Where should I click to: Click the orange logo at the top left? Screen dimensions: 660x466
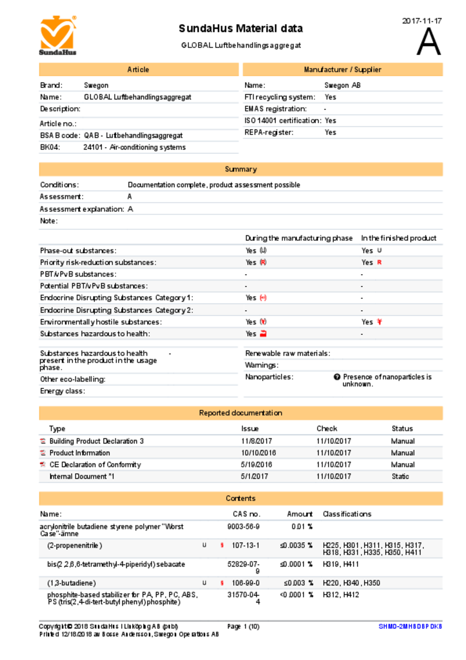click(x=58, y=34)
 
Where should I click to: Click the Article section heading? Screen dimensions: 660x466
click(x=138, y=70)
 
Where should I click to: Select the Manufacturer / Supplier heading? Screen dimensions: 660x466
click(x=343, y=70)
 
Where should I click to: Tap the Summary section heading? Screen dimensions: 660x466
click(x=241, y=169)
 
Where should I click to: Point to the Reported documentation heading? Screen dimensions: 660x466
click(x=241, y=413)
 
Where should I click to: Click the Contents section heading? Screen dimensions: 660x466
click(x=241, y=498)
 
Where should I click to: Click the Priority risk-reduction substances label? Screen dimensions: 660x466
click(x=98, y=262)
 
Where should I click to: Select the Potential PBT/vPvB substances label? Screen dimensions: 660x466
click(x=94, y=286)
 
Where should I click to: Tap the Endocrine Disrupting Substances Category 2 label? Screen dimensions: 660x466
click(x=116, y=310)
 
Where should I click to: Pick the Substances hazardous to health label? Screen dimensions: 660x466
click(x=95, y=334)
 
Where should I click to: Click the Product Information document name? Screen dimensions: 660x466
click(x=80, y=453)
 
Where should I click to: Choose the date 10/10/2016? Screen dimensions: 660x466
click(x=258, y=453)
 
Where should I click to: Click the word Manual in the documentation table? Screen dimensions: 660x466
click(x=403, y=453)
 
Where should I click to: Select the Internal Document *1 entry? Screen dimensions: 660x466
click(x=82, y=476)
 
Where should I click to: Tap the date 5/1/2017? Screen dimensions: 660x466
click(x=254, y=476)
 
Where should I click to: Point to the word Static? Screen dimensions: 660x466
click(x=400, y=476)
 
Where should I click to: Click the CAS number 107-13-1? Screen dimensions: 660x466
click(x=246, y=545)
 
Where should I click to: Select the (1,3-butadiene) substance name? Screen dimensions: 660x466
click(x=72, y=583)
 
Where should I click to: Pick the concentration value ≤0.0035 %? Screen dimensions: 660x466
click(x=296, y=545)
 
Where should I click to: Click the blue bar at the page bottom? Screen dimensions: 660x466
click(x=410, y=626)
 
